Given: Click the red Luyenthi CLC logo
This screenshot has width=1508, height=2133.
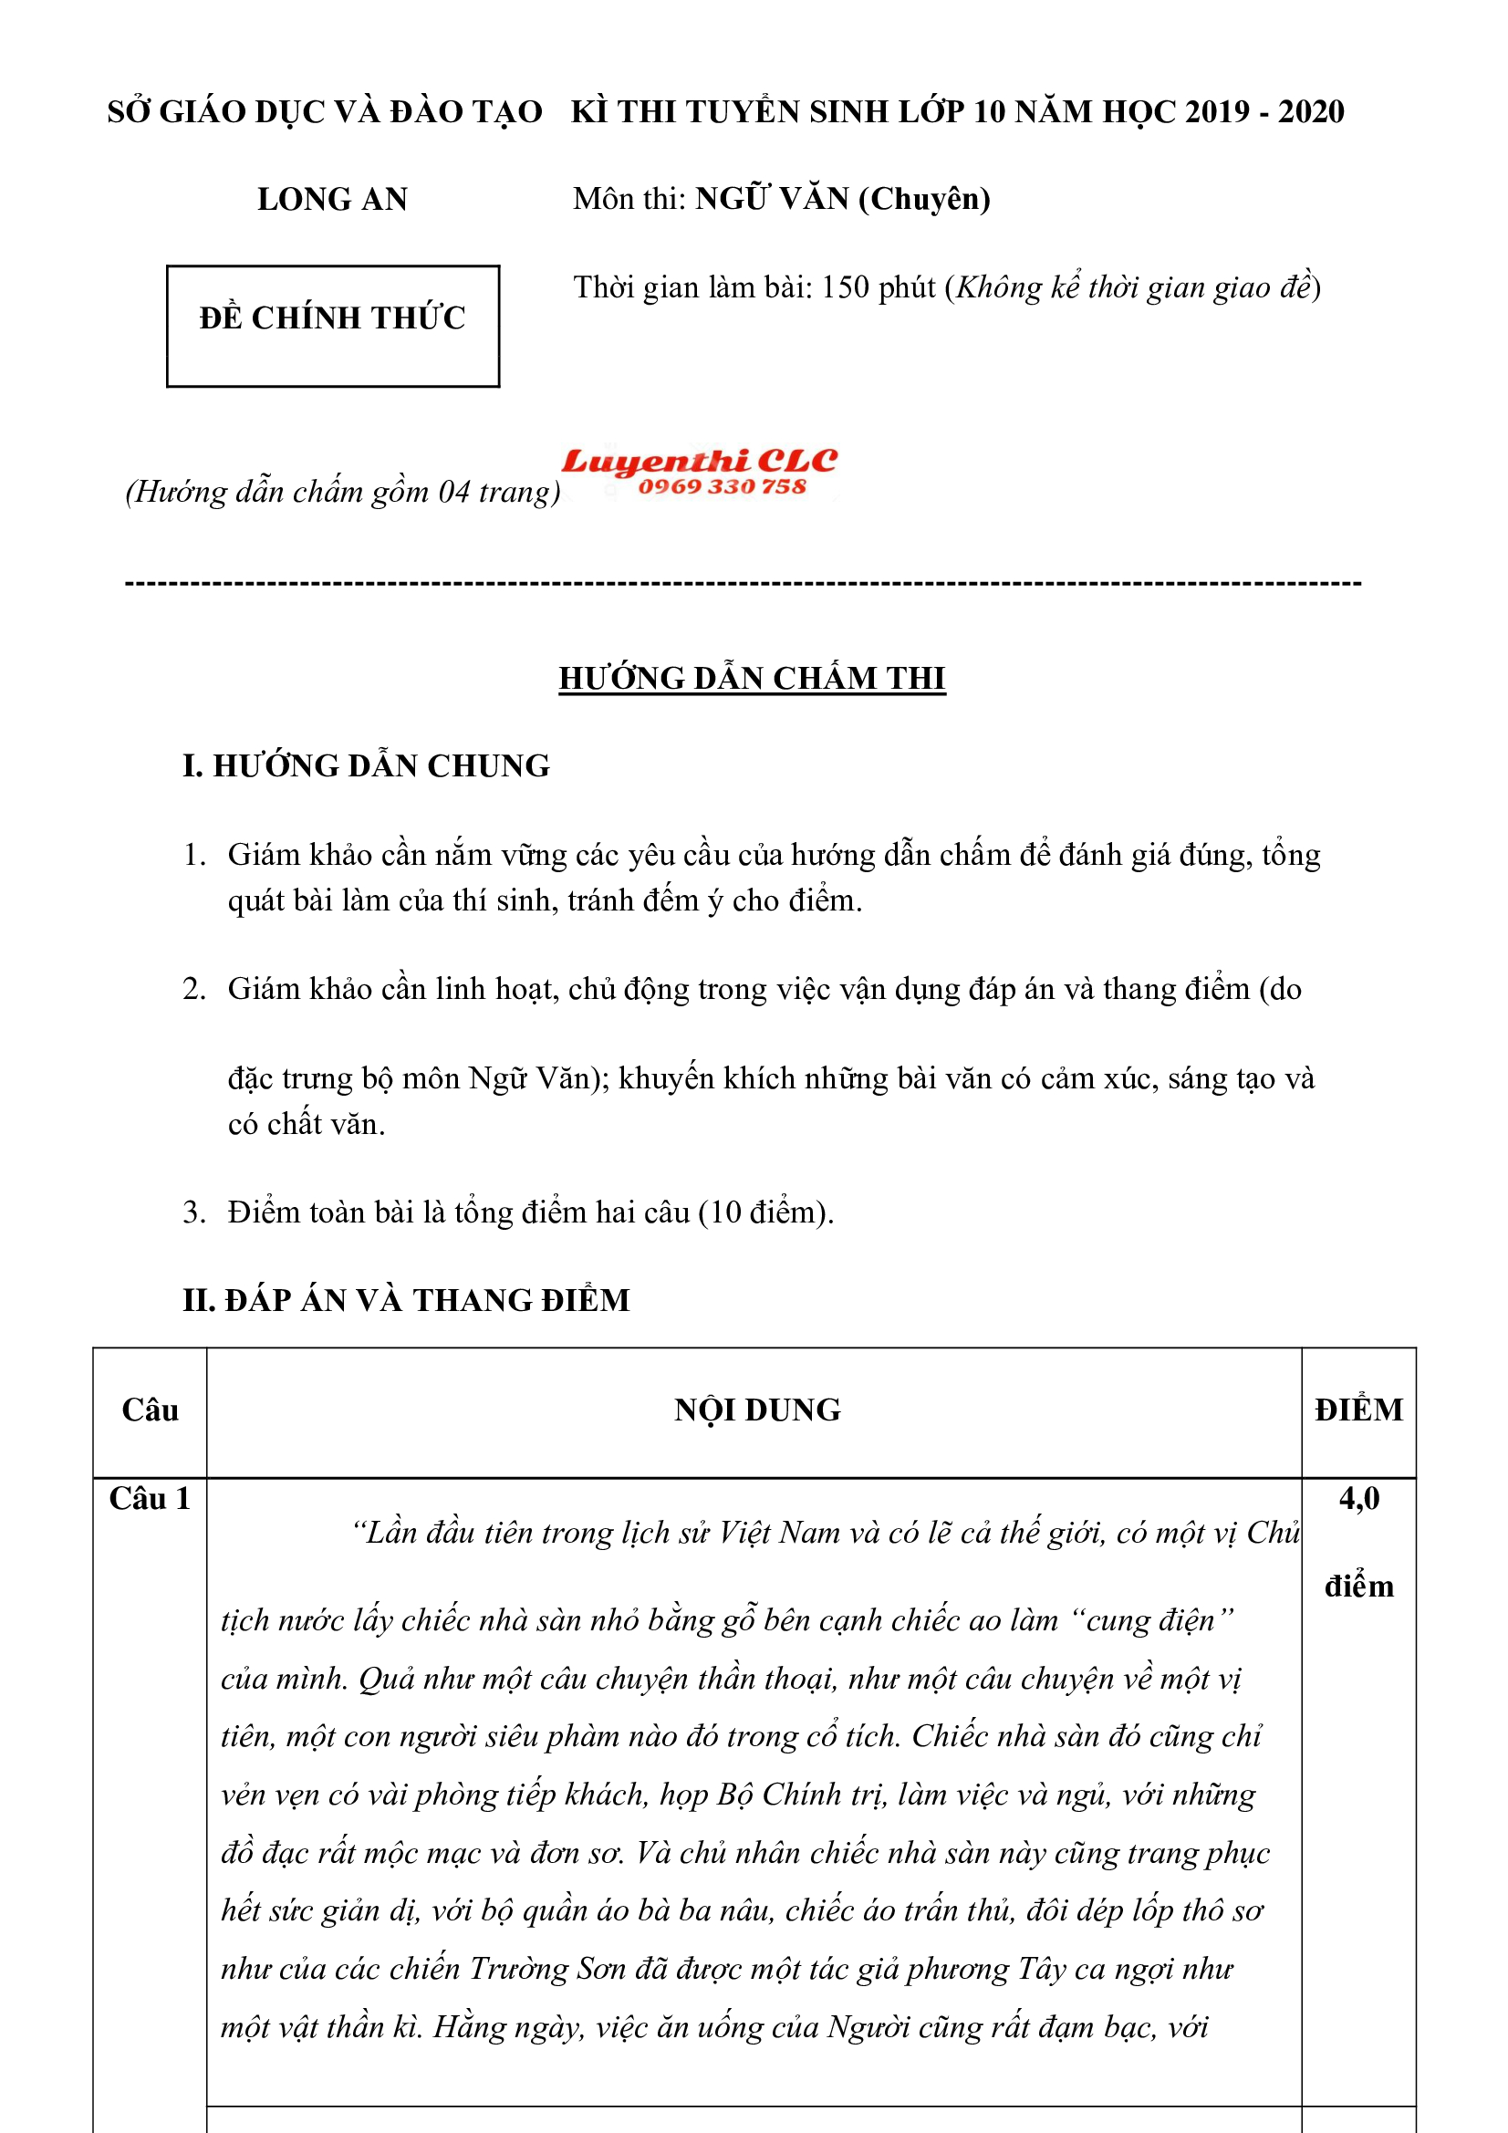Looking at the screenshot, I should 699,461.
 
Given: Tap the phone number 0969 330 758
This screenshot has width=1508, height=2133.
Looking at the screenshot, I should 721,487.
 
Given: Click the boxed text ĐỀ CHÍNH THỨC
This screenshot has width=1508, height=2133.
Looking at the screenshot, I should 333,317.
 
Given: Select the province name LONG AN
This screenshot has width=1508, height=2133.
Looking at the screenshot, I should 333,199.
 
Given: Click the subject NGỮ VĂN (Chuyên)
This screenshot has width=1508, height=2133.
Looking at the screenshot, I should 843,199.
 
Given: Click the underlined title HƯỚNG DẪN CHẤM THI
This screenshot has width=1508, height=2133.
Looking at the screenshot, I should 752,678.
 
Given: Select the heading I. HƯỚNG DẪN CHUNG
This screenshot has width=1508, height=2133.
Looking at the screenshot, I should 366,765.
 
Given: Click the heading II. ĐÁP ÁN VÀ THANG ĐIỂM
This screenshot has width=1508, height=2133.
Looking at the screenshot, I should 406,1300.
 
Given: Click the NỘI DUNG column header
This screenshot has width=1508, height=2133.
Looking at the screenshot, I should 757,1410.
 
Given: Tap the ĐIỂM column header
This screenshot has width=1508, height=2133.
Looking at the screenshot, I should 1358,1410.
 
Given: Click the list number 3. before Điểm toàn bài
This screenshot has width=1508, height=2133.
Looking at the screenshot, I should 193,1212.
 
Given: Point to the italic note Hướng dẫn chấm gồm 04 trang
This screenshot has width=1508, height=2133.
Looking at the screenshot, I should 343,491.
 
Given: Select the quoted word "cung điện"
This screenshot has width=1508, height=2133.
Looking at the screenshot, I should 1151,1620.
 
